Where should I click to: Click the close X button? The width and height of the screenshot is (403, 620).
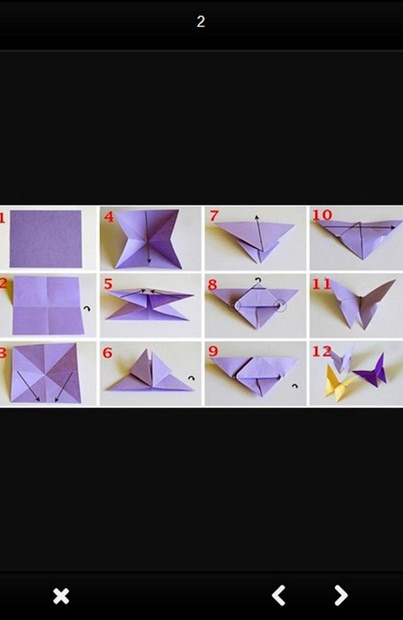pos(61,596)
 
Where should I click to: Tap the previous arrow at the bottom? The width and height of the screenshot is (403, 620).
pos(278,595)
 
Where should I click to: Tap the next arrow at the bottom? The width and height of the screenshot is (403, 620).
pos(340,595)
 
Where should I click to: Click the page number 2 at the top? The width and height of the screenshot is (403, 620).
pos(201,22)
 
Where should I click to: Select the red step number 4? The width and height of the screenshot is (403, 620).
pos(109,216)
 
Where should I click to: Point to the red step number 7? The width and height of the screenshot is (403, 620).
pos(214,216)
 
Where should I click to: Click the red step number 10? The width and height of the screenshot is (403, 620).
pos(322,215)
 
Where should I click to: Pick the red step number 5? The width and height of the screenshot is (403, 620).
pos(108,284)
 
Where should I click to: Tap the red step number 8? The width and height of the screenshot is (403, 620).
pos(213,284)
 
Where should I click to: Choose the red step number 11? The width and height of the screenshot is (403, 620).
pos(321,284)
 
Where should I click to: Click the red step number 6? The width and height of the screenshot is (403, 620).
pos(108,353)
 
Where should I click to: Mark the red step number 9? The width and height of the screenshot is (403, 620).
pos(213,351)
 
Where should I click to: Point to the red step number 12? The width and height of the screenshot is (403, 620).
pos(322,351)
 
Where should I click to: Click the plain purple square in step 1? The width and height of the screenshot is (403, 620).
pos(46,239)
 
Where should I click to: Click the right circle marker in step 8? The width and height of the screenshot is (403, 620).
pos(281,305)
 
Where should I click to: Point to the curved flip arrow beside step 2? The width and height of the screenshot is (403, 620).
pos(87,308)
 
